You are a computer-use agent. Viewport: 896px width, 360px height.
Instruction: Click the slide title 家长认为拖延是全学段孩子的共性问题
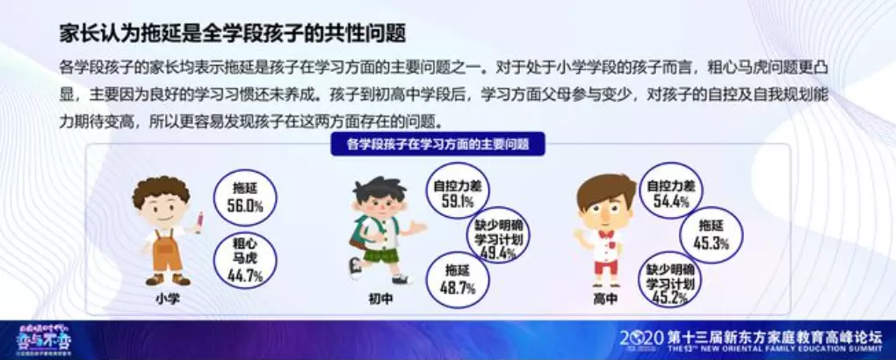pyautogui.click(x=232, y=34)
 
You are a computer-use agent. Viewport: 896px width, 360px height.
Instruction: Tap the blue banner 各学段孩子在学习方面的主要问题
pyautogui.click(x=436, y=143)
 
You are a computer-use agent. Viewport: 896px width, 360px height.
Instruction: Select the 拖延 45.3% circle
pyautogui.click(x=712, y=234)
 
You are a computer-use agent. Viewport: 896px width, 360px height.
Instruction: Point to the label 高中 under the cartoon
pyautogui.click(x=605, y=299)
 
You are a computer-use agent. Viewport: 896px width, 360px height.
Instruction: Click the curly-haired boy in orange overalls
pyautogui.click(x=165, y=228)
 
